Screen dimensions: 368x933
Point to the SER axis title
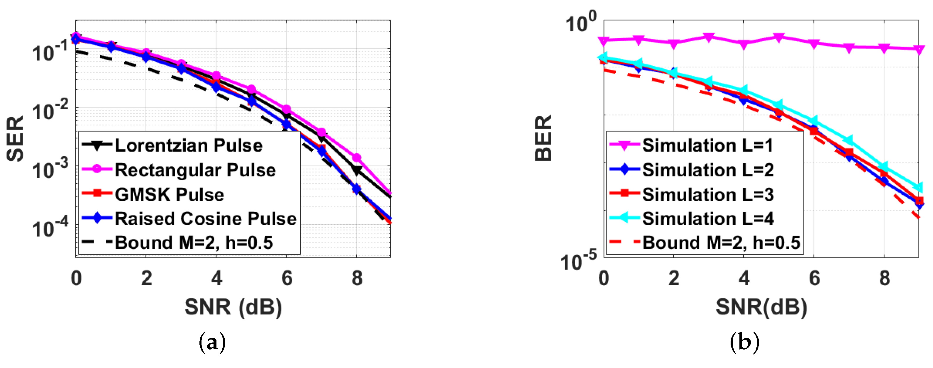click(x=16, y=139)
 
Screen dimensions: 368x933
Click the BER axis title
click(x=543, y=139)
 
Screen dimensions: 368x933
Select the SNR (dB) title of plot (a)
click(x=233, y=307)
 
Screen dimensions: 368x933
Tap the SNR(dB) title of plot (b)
click(x=761, y=307)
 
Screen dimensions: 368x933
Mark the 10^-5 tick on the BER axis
click(x=578, y=261)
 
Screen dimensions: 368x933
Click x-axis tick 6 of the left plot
click(x=287, y=278)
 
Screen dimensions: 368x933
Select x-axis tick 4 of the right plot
click(x=744, y=278)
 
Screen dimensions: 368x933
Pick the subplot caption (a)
click(x=212, y=342)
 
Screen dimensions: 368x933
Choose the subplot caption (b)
click(x=745, y=342)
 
